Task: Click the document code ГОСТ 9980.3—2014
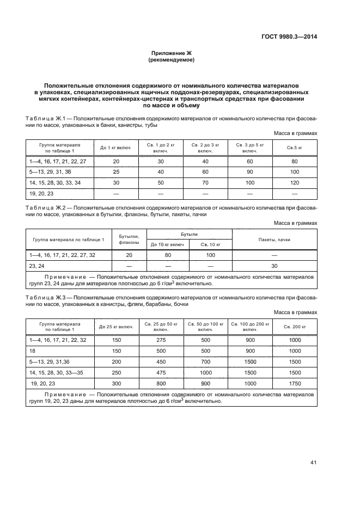(x=290, y=37)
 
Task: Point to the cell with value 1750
(x=295, y=383)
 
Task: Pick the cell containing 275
(x=161, y=340)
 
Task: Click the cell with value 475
(x=161, y=372)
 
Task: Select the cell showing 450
(x=161, y=361)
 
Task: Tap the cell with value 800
(x=161, y=383)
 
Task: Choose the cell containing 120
(x=295, y=182)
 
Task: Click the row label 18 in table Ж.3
(x=33, y=351)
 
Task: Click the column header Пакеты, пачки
(x=274, y=239)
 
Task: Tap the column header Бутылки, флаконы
(x=129, y=239)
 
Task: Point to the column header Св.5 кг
(x=295, y=148)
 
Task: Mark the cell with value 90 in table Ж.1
(x=250, y=172)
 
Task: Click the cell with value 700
(x=205, y=361)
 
